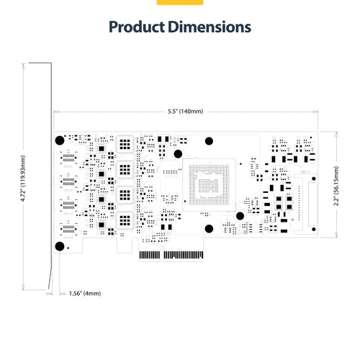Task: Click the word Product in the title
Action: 138,27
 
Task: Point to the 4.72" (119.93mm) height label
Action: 24,180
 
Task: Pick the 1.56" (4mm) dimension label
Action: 84,293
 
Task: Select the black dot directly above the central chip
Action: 210,140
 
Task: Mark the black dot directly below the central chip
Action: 209,230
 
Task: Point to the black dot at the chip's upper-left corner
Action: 176,153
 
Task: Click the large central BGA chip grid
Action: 210,184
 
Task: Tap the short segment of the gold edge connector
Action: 149,254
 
